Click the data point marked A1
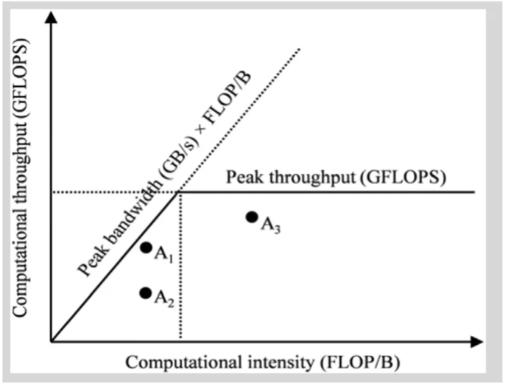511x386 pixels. pos(146,248)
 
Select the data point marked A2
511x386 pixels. pos(146,293)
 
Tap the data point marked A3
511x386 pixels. pos(252,217)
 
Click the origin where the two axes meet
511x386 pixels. pos(51,341)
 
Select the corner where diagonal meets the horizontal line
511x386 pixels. pos(180,192)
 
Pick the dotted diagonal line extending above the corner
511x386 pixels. pos(243,118)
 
